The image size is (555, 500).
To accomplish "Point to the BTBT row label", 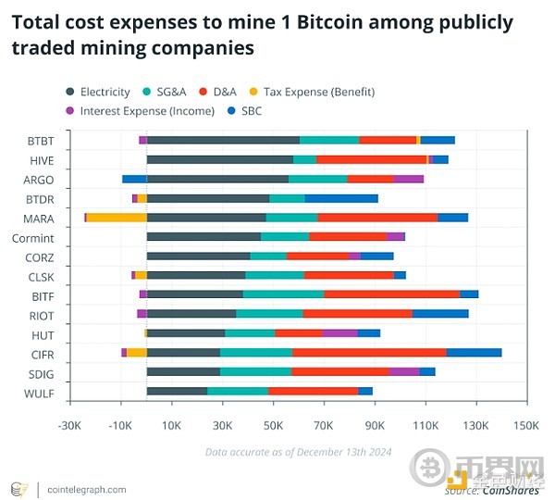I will click(x=41, y=141).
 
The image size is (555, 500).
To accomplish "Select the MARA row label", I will click(x=39, y=219).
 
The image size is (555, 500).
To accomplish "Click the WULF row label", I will click(x=40, y=394).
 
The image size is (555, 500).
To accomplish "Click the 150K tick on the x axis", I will click(x=524, y=426).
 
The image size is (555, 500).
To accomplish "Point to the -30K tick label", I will click(x=70, y=426).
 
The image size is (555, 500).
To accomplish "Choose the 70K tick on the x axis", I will click(x=324, y=426).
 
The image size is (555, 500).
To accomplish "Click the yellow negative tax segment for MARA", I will click(x=117, y=218).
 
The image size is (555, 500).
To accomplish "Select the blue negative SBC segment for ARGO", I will click(x=134, y=179).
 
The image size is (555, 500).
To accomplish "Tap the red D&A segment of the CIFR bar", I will click(x=369, y=353).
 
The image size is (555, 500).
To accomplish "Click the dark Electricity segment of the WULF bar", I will click(x=177, y=392).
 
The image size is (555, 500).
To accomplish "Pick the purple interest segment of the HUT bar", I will click(x=339, y=333).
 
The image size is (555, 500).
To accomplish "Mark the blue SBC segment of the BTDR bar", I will click(x=341, y=198).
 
